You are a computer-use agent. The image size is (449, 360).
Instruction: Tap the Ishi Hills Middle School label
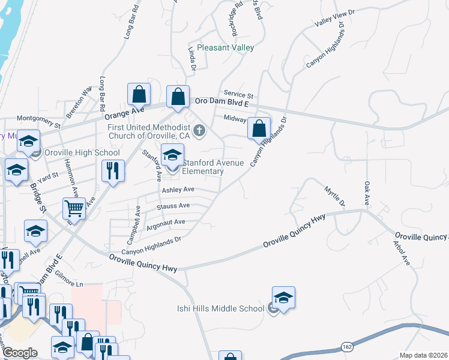[220, 308]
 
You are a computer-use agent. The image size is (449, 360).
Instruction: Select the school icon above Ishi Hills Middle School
[283, 298]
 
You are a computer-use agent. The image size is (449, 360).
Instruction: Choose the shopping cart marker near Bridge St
[74, 209]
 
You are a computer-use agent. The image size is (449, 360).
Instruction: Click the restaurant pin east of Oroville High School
[112, 171]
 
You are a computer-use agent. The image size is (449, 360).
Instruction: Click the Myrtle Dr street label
[334, 195]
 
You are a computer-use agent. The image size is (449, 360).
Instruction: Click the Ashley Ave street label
[178, 190]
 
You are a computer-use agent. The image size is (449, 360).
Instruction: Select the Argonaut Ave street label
[166, 222]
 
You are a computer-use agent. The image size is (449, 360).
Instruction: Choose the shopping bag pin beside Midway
[259, 128]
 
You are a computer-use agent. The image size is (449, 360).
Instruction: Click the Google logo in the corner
[20, 353]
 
